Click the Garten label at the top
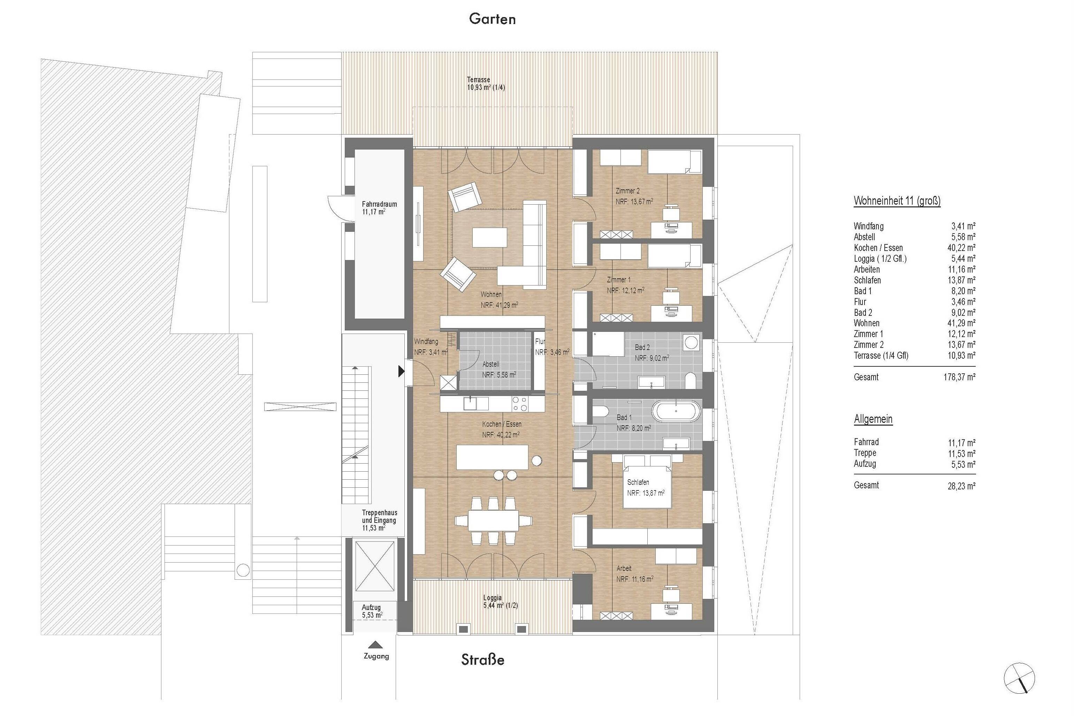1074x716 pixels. [x=492, y=19]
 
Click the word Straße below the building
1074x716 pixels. [x=483, y=660]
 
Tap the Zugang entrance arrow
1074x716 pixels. [x=376, y=645]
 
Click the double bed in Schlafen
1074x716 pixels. [x=647, y=482]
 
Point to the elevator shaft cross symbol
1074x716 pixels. [x=374, y=566]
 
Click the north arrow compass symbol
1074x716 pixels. [x=1019, y=679]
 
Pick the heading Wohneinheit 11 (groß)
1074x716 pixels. [x=897, y=200]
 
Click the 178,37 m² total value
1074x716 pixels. [x=959, y=377]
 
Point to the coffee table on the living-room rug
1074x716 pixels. [x=489, y=237]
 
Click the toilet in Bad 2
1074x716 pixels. [x=691, y=380]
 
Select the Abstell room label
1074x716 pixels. [x=491, y=364]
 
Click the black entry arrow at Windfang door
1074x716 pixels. [x=401, y=371]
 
